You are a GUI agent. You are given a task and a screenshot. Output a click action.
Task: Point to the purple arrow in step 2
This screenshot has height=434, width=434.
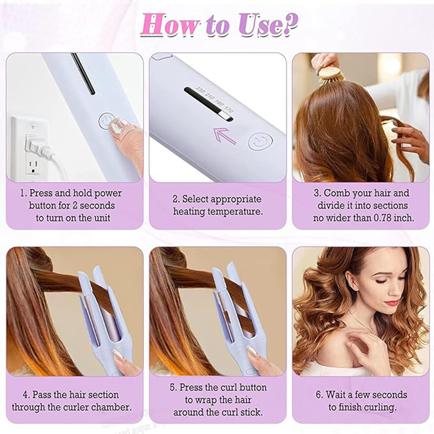click(225, 136)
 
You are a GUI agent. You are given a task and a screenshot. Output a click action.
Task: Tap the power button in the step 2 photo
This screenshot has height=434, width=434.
click(261, 141)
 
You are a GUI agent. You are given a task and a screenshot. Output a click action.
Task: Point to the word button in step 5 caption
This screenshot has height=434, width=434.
click(251, 387)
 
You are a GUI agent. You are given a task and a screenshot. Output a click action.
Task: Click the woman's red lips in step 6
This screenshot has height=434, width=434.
click(392, 302)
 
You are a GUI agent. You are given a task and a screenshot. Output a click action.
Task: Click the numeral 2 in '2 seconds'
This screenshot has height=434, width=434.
click(75, 206)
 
